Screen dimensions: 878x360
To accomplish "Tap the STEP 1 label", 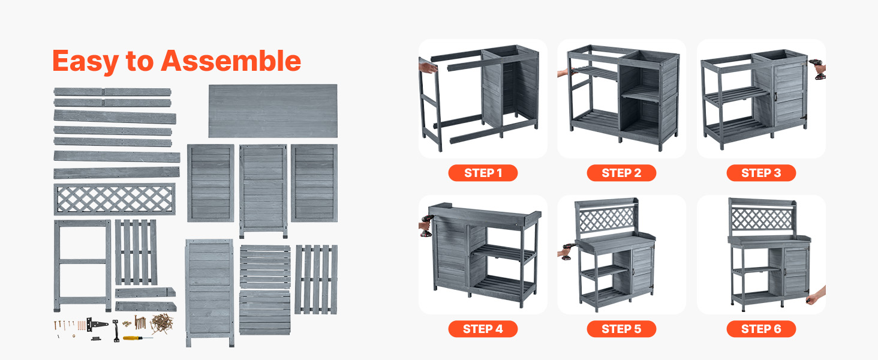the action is click(x=483, y=173).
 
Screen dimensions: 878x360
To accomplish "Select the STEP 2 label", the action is click(x=621, y=173).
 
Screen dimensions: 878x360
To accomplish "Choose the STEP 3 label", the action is click(x=761, y=173).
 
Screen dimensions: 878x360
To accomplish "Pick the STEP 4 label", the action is click(x=483, y=329).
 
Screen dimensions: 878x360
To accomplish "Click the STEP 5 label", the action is click(x=621, y=329).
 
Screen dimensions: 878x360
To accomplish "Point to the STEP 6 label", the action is click(x=761, y=329).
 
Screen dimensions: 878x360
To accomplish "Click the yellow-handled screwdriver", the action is click(x=137, y=338).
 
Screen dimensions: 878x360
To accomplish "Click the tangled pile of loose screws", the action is click(x=162, y=323).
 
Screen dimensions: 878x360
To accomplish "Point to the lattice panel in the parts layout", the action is click(x=115, y=199).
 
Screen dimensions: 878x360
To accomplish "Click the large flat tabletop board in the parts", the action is click(x=273, y=111).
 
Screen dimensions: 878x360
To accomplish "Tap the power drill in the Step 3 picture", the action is click(x=817, y=69).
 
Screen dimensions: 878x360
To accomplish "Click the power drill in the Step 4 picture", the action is click(x=426, y=226).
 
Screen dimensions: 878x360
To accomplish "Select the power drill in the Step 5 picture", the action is click(x=567, y=252).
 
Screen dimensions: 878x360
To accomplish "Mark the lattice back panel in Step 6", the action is click(x=762, y=218).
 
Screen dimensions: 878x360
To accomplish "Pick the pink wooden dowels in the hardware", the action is click(x=81, y=325).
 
